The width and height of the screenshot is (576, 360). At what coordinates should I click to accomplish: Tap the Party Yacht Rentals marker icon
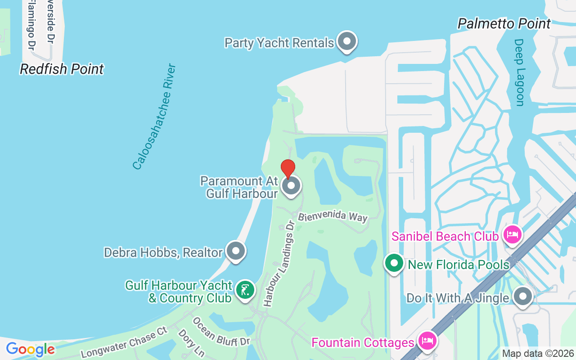(346, 41)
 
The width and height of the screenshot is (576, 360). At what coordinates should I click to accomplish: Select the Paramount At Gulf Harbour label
(239, 187)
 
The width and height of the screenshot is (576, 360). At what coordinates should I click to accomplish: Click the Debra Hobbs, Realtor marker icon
(235, 251)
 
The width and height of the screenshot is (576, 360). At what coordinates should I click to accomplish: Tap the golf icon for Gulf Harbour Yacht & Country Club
(245, 290)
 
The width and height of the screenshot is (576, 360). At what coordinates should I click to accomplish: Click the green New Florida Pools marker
(394, 264)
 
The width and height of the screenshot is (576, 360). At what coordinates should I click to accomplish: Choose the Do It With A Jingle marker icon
(523, 297)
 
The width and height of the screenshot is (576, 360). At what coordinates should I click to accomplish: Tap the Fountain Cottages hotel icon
(426, 341)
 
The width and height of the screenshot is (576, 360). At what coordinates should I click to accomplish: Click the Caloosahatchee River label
(154, 117)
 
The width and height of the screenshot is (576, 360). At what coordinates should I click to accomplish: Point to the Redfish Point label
(62, 69)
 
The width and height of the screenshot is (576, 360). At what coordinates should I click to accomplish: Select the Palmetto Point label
(504, 23)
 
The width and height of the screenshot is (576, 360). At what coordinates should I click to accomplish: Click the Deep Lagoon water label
(520, 72)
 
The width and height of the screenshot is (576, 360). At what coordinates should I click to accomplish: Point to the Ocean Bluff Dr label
(220, 332)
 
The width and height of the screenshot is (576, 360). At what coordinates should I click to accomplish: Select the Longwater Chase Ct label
(124, 343)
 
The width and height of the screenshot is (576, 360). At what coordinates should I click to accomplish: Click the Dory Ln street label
(191, 342)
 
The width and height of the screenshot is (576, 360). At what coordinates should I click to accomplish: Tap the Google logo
(30, 349)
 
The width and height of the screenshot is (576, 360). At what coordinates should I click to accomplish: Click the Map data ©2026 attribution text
(538, 354)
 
